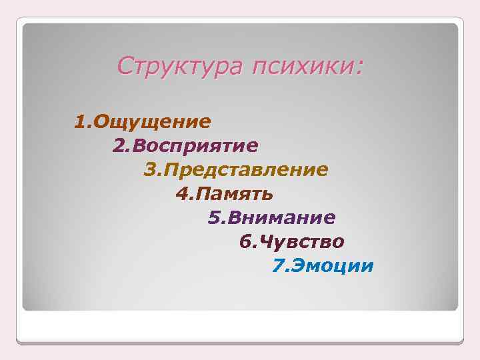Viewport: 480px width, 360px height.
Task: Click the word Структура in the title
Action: tap(179, 67)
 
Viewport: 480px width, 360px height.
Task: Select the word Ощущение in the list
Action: tap(153, 121)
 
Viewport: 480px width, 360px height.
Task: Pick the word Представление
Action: tap(246, 169)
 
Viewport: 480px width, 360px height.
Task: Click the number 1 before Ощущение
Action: tap(80, 121)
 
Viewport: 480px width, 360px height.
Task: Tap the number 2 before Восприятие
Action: tap(119, 145)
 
